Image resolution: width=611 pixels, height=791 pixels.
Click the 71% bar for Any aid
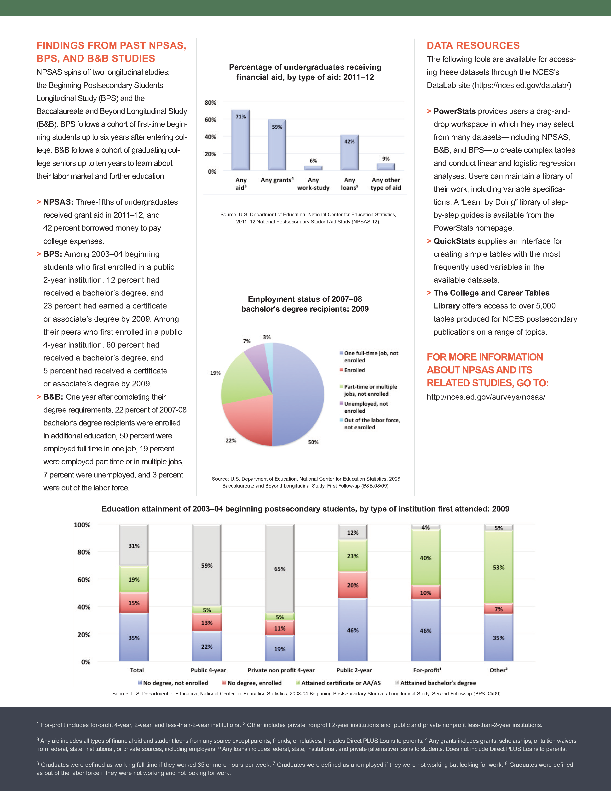point(240,141)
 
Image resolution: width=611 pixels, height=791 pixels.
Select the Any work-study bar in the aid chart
point(313,168)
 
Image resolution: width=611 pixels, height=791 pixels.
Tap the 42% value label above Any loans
point(349,142)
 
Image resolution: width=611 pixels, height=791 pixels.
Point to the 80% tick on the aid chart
point(210,103)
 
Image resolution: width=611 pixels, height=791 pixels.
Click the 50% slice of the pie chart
point(299,395)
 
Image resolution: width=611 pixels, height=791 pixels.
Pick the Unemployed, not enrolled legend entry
point(366,407)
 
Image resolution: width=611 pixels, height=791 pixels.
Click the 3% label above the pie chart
point(267,337)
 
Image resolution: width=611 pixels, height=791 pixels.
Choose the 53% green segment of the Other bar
point(498,567)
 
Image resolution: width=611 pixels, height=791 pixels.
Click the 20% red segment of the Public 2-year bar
point(352,585)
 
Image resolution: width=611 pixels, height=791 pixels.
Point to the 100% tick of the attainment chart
point(82,525)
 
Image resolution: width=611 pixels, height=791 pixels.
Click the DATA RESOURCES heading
point(473,45)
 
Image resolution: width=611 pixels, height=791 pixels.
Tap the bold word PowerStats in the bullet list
point(454,111)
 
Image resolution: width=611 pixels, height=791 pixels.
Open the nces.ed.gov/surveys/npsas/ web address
point(486,397)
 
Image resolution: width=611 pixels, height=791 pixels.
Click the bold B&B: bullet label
point(53,397)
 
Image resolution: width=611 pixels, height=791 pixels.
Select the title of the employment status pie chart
point(305,304)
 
